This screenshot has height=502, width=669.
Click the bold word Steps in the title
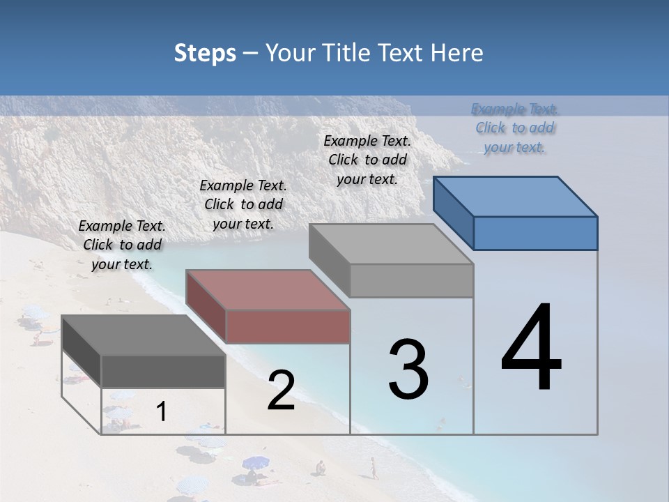pos(205,53)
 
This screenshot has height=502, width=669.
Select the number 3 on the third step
pos(408,370)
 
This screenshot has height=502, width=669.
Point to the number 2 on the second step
pos(281,390)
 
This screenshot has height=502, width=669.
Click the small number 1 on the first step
pos(161,412)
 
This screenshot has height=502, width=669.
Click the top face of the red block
pos(268,289)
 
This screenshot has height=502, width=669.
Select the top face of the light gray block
pos(392,244)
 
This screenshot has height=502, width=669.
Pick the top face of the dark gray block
pos(144,335)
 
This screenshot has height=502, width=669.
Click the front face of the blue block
pos(535,233)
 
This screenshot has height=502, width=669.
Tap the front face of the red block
pos(288,326)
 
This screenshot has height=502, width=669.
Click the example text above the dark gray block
pos(122,245)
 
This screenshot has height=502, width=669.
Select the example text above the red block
pos(243,204)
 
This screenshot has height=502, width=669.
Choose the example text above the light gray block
pos(367,160)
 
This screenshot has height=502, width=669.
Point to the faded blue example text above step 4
pos(515,128)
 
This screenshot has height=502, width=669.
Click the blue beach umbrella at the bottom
pos(255,462)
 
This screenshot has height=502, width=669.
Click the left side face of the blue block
pos(454,213)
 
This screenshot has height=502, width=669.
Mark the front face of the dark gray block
pos(163,371)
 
